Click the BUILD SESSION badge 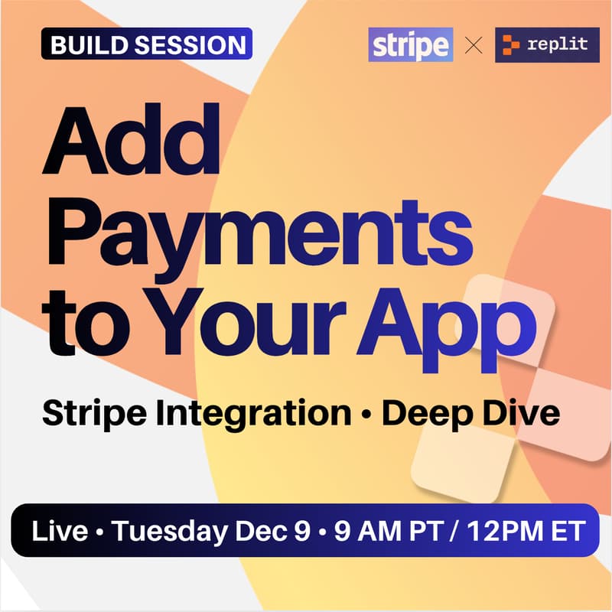(x=146, y=45)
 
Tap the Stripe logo (x=410, y=46)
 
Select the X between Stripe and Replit (x=474, y=46)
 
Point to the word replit (x=558, y=44)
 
